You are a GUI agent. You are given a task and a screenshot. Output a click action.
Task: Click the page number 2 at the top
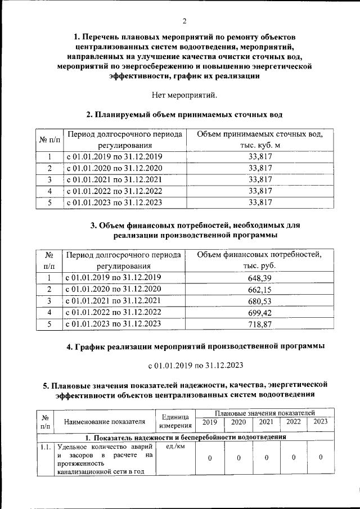click(x=184, y=21)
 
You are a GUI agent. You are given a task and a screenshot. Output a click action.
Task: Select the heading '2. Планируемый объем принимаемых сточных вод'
click(x=184, y=115)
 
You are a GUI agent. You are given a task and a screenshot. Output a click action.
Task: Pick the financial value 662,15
click(x=259, y=290)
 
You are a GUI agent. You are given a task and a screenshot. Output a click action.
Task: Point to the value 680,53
click(x=259, y=301)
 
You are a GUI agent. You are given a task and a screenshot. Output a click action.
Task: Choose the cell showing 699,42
click(x=259, y=312)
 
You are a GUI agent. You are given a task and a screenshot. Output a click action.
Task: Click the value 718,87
click(x=259, y=324)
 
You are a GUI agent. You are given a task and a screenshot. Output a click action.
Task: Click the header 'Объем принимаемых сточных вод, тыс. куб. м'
click(x=259, y=140)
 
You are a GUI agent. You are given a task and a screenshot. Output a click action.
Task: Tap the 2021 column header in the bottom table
click(x=265, y=422)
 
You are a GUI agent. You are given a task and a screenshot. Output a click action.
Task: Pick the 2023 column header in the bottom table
click(x=320, y=422)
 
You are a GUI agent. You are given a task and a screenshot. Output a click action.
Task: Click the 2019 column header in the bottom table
click(x=209, y=422)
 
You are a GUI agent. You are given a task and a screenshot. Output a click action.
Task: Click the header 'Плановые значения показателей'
click(x=264, y=413)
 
